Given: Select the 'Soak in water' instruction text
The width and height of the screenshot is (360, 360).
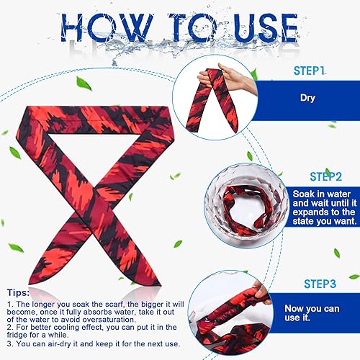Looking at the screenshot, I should click(x=324, y=195).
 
